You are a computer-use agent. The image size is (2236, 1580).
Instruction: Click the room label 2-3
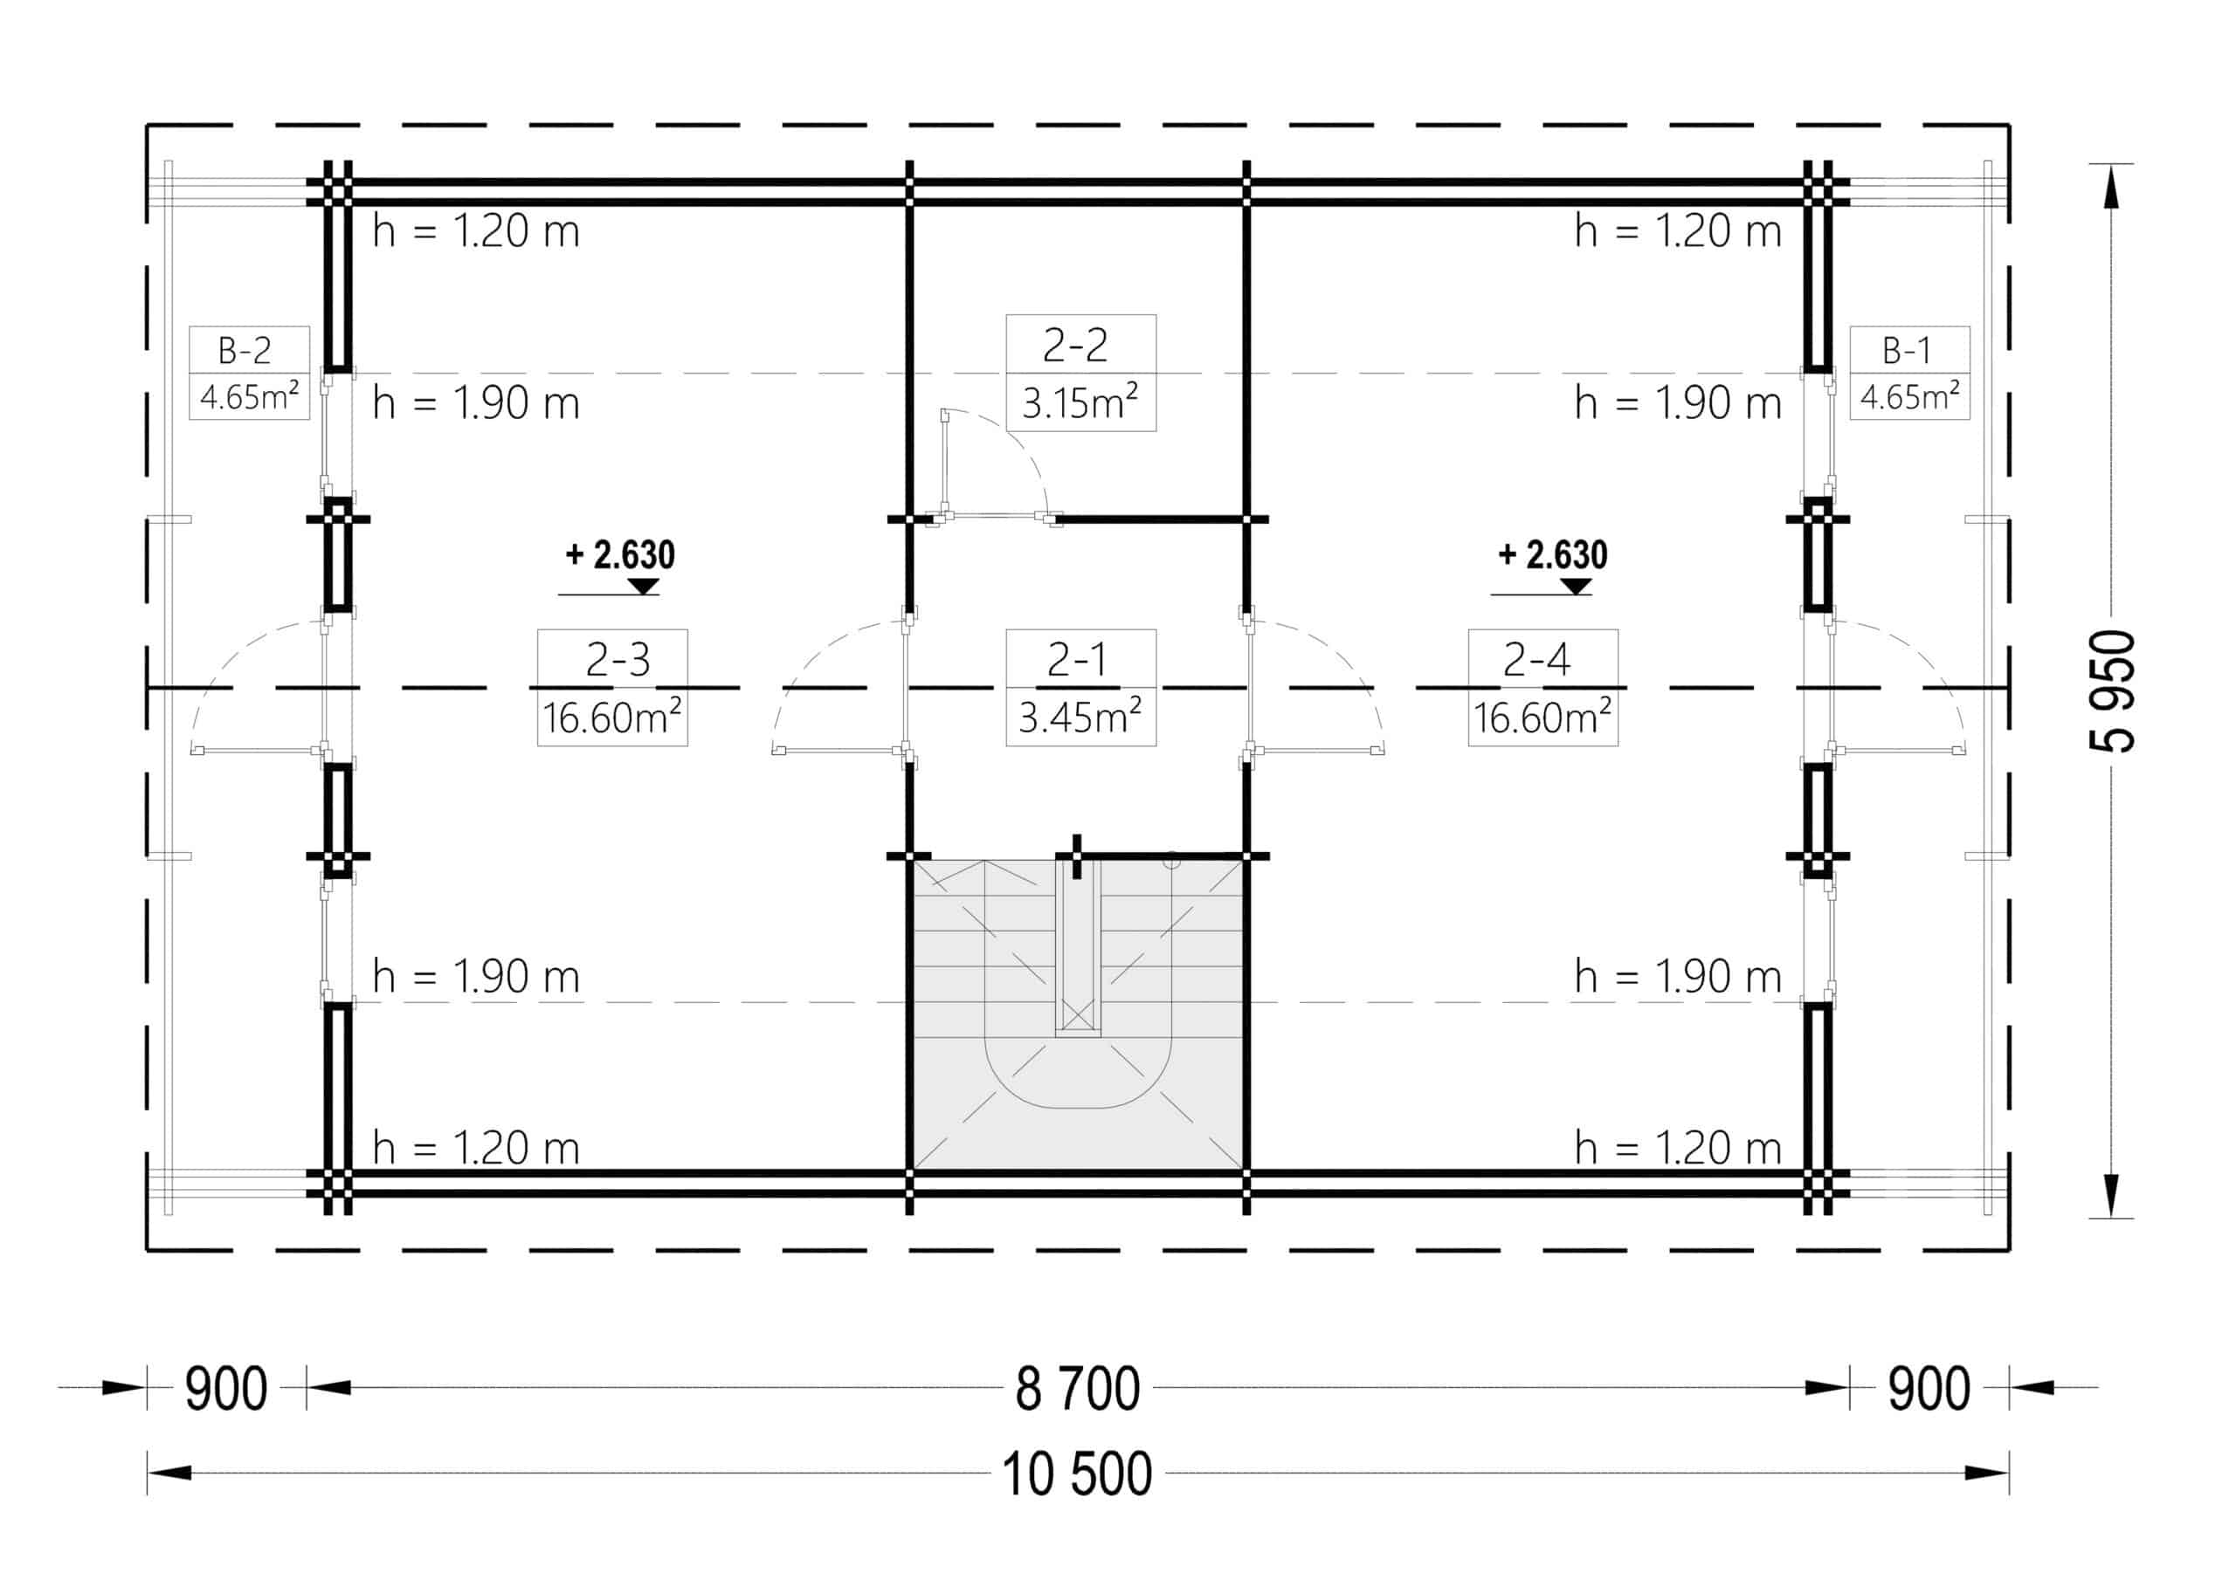tap(618, 660)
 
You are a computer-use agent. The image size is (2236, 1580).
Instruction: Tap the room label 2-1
tap(1076, 660)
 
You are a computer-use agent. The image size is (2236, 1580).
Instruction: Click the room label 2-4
tap(1536, 660)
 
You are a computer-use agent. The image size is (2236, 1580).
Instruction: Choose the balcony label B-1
tap(1906, 349)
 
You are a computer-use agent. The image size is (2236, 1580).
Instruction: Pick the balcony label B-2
tap(245, 349)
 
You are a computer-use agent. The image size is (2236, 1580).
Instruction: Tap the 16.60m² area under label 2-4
tap(1542, 718)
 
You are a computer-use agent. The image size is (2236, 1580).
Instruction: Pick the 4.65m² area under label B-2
tap(249, 396)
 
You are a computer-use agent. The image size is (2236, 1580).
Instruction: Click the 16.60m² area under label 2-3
tap(611, 718)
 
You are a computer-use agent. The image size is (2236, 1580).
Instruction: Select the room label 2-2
tap(1075, 345)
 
